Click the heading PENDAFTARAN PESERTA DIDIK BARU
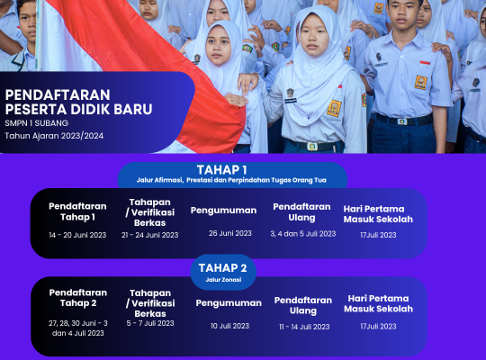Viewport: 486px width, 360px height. (x=78, y=102)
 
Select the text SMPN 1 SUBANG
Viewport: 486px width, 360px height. (x=37, y=123)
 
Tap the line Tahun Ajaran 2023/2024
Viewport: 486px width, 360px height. (x=54, y=136)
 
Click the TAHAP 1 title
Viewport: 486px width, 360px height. (x=222, y=170)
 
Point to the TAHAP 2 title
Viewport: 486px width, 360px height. (x=223, y=268)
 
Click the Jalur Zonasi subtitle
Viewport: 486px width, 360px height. (x=223, y=280)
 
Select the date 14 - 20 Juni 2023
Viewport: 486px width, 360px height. (x=77, y=235)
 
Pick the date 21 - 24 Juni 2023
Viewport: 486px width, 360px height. (x=150, y=235)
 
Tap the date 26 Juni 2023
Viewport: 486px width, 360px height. (x=230, y=233)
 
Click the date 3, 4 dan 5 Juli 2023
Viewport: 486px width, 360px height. (x=303, y=233)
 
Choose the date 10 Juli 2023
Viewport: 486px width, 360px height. (x=230, y=326)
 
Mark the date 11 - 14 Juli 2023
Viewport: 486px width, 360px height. (x=304, y=327)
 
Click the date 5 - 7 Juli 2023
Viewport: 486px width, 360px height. (x=150, y=323)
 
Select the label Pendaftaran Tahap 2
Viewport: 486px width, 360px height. (x=78, y=298)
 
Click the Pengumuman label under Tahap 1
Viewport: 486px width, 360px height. (x=223, y=211)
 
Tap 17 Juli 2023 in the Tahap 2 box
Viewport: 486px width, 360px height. (x=378, y=326)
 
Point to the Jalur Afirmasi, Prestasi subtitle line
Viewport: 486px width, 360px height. (x=231, y=180)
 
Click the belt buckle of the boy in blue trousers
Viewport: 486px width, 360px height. (x=402, y=121)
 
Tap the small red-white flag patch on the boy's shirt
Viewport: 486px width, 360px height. (x=425, y=63)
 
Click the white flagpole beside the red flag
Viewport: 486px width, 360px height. (x=40, y=35)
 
